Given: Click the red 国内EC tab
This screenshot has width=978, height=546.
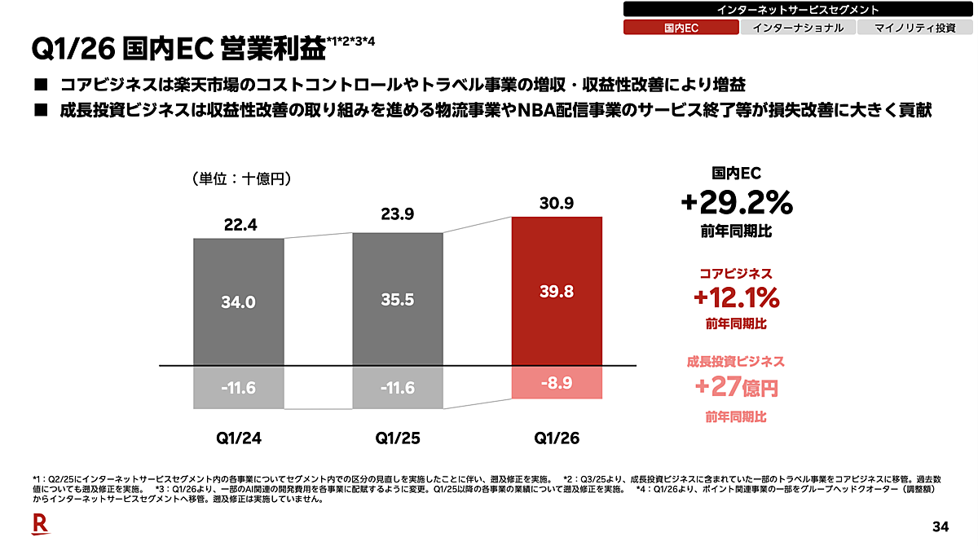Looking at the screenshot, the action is tap(681, 28).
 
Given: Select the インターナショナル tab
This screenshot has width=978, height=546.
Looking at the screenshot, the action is tap(798, 28).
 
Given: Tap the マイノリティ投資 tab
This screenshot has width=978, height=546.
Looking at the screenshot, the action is tap(915, 28).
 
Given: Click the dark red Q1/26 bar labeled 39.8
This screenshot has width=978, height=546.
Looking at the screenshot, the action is tap(557, 291).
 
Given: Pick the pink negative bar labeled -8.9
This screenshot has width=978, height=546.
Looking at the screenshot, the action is tap(557, 382).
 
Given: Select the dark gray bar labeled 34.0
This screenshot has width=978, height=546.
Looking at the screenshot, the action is tap(238, 302).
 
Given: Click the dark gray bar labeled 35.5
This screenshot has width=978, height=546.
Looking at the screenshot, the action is tap(398, 299).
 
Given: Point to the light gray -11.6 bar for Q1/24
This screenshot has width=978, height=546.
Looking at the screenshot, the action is tap(238, 387).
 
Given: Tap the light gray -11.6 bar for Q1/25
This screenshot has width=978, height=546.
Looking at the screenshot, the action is tap(398, 387).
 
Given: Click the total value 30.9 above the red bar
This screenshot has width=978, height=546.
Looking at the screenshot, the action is tap(556, 203).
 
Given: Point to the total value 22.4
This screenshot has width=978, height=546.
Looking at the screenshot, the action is tap(240, 225).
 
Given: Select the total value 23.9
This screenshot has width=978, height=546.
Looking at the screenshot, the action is tap(398, 214).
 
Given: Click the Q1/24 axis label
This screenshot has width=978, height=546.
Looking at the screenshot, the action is tap(239, 438).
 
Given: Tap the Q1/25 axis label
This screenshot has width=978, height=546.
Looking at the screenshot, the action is tap(398, 438).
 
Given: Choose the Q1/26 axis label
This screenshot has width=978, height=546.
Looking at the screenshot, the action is tap(557, 438).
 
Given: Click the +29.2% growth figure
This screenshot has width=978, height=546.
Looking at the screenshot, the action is tap(737, 203).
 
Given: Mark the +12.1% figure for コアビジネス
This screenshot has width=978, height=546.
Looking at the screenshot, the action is tap(737, 297).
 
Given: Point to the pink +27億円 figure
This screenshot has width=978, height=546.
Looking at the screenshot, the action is tap(737, 387).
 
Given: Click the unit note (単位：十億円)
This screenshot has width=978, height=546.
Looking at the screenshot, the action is tap(241, 178).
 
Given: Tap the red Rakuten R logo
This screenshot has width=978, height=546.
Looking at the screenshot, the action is tap(41, 524).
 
